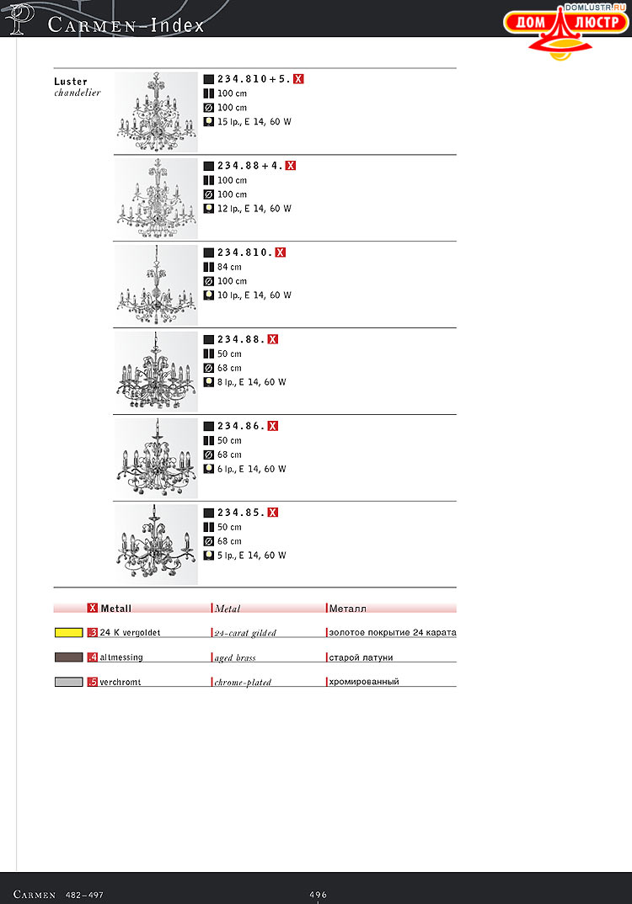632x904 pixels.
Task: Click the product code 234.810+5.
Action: (254, 79)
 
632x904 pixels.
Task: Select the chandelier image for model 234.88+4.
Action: (156, 199)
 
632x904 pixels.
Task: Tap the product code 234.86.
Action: (242, 426)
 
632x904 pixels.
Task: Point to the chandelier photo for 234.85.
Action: (156, 545)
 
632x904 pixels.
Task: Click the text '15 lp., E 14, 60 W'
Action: (254, 122)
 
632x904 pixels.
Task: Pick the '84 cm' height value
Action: (229, 267)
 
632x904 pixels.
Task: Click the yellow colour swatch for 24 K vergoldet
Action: (68, 632)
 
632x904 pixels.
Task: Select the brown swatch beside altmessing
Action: (68, 657)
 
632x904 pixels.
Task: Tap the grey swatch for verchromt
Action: (68, 682)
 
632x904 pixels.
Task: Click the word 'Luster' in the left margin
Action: (71, 82)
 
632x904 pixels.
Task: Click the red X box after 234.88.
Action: (272, 339)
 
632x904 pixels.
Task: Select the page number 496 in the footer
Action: (318, 895)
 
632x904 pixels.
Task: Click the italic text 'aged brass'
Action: (235, 657)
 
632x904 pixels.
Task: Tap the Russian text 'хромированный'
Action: (364, 682)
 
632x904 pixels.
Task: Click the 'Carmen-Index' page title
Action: (126, 25)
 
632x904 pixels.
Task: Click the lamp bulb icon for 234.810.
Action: (208, 295)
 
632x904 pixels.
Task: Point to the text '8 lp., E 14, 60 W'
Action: (251, 382)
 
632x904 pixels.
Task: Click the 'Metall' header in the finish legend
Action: (116, 609)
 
